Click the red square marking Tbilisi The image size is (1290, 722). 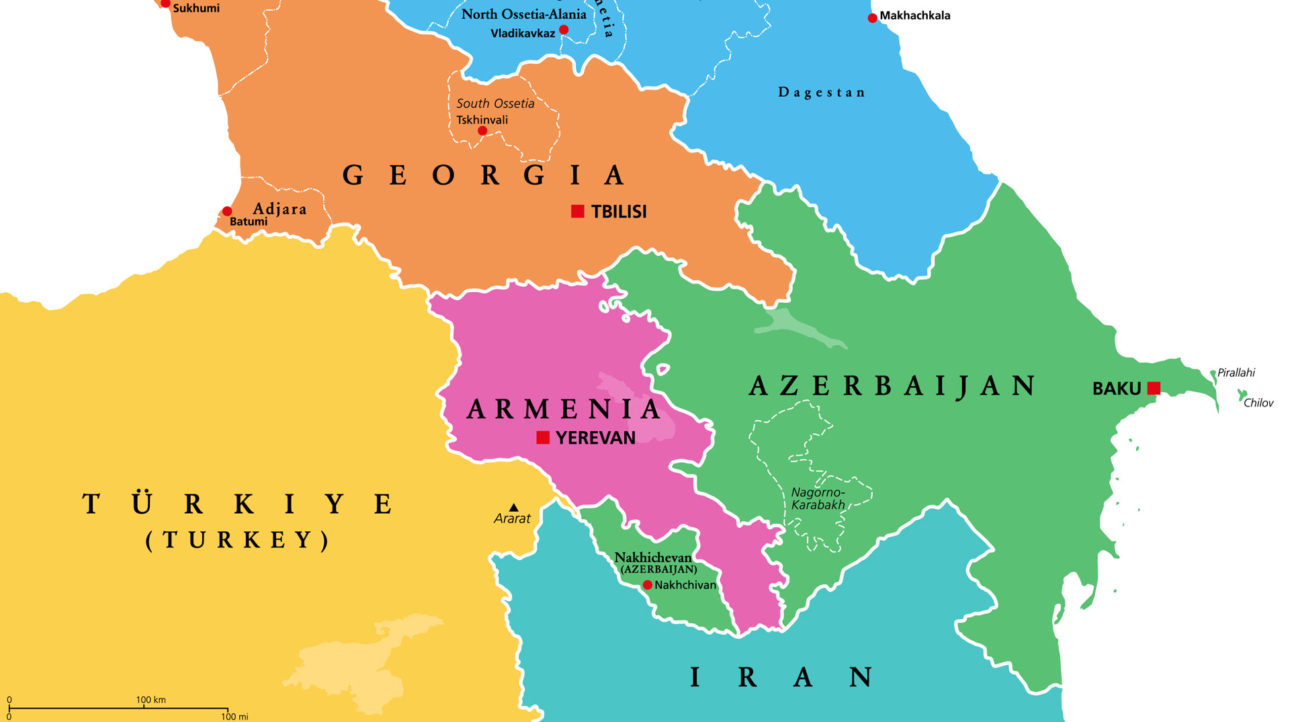pos(577,212)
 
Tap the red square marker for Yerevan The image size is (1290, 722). pos(543,438)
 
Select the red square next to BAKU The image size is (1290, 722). pos(1154,388)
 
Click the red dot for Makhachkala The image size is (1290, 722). pos(872,18)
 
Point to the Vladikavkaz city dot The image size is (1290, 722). pos(564,30)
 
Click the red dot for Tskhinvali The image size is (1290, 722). pos(482,131)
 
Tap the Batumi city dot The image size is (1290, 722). pos(227,212)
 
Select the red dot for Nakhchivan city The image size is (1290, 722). pos(648,585)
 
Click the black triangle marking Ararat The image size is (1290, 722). pos(514,508)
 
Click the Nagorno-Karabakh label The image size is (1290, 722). pos(818,499)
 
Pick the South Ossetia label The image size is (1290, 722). pos(495,103)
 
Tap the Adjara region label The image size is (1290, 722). pos(279,209)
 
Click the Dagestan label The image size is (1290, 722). pos(821,93)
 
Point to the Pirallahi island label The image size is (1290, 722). pos(1236,373)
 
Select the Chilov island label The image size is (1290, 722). pos(1258,403)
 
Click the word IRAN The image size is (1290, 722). pos(782,677)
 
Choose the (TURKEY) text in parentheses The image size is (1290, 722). pos(238,540)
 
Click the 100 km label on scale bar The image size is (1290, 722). pos(150,700)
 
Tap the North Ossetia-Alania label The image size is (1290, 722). pos(523,14)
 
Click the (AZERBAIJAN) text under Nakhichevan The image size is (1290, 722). pos(658,570)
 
